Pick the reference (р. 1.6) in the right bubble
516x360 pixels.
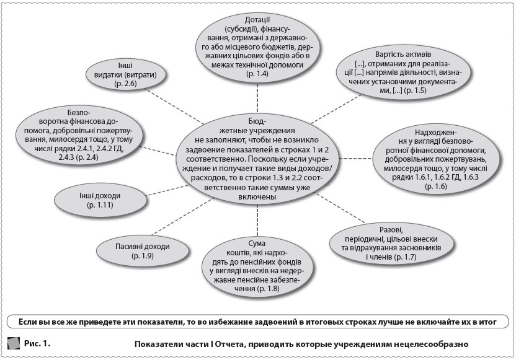pyautogui.click(x=434, y=187)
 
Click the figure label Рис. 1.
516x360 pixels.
pyautogui.click(x=37, y=343)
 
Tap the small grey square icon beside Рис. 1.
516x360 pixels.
pyautogui.click(x=13, y=343)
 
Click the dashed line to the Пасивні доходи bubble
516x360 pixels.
pyautogui.click(x=180, y=227)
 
